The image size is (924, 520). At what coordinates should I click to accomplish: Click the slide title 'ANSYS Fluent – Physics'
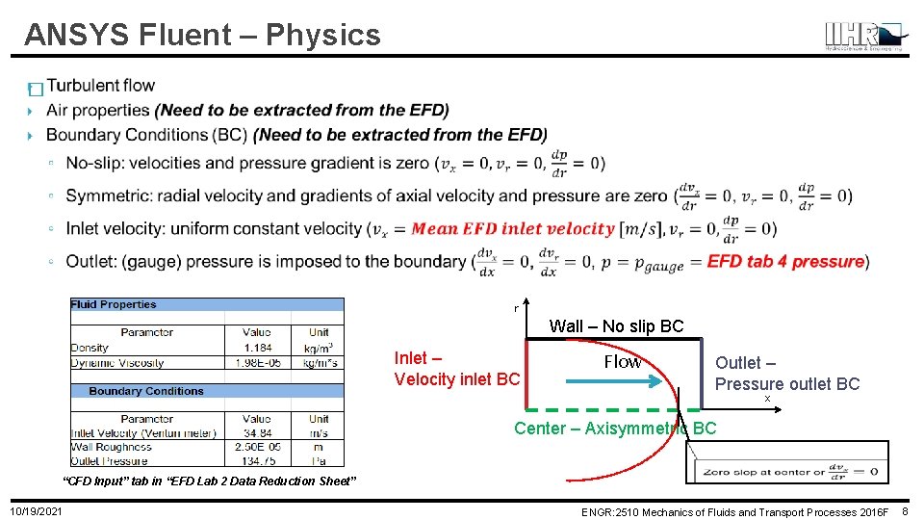pos(202,36)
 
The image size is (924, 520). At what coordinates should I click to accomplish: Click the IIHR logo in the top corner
pos(863,36)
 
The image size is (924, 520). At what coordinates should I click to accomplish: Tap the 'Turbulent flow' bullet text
pos(100,86)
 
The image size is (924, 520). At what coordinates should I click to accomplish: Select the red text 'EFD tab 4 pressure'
pos(785,262)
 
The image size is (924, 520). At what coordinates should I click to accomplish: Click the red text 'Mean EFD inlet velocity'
pos(512,229)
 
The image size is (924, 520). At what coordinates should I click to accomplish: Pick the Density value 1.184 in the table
pos(257,348)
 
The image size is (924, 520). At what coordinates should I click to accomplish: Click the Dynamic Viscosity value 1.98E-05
pos(257,363)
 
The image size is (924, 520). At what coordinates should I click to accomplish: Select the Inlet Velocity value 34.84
pos(257,432)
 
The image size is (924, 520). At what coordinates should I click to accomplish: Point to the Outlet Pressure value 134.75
pos(257,460)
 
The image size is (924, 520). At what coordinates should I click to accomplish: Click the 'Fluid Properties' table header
pos(114,304)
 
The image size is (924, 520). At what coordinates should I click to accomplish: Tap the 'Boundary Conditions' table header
pos(146,391)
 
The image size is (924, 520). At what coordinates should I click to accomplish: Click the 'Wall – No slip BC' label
pos(616,326)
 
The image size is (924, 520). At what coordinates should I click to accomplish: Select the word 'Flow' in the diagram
pos(622,362)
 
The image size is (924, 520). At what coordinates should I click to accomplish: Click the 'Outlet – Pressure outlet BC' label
pos(786,374)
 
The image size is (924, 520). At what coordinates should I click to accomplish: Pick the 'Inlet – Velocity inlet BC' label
pos(456,369)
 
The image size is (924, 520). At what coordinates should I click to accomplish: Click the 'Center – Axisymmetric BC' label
pos(615,429)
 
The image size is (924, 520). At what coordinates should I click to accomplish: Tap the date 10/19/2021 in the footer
pos(37,510)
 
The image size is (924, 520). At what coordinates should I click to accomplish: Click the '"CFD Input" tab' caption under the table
pos(209,481)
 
